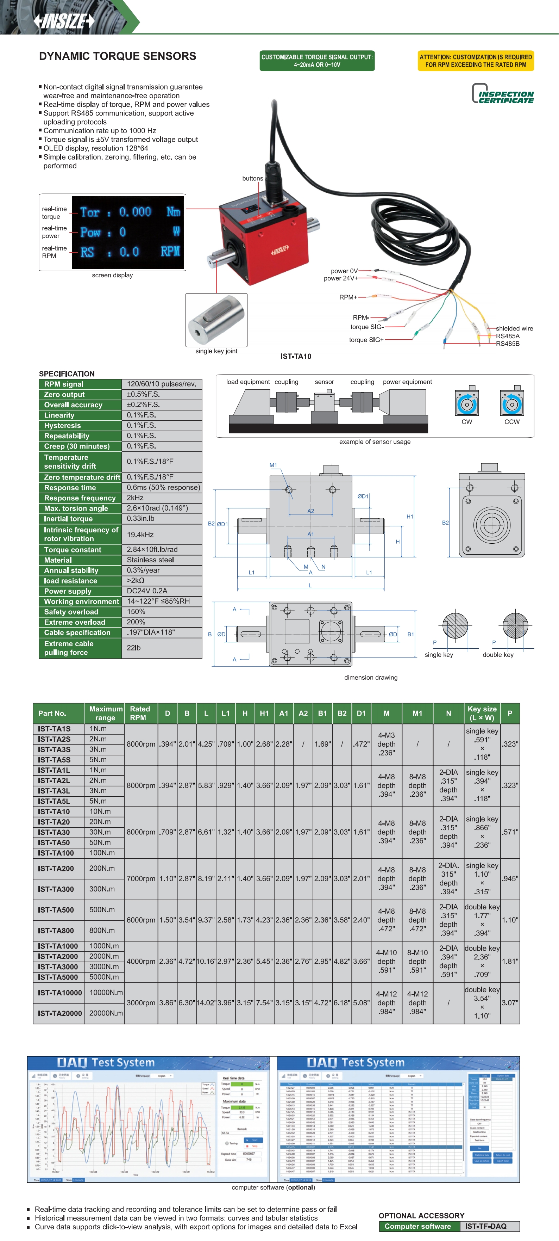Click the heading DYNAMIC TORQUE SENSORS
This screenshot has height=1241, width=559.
(118, 56)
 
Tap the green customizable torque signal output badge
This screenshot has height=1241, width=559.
(317, 61)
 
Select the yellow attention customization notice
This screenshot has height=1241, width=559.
(475, 61)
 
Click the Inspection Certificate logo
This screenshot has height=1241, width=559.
(503, 94)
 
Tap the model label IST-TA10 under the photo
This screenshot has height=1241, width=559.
(296, 357)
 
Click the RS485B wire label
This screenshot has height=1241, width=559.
(508, 344)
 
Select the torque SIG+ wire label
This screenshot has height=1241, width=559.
(366, 340)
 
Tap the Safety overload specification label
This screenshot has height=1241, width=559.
(71, 612)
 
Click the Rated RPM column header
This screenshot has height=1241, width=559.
(139, 713)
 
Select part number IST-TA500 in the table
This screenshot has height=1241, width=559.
(56, 909)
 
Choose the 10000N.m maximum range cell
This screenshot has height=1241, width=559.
(106, 993)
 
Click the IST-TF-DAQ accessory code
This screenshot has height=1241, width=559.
(486, 1226)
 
